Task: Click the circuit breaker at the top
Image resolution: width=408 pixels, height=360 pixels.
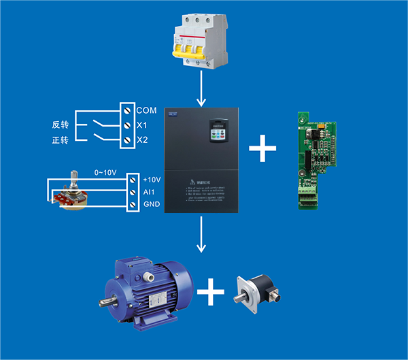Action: click(x=202, y=40)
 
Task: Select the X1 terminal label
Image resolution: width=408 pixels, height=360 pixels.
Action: click(x=142, y=125)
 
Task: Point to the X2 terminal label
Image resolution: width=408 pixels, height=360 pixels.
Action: click(x=142, y=140)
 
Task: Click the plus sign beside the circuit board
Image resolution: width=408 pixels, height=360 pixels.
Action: click(x=266, y=148)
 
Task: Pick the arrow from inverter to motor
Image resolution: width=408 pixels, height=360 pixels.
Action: click(x=202, y=234)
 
